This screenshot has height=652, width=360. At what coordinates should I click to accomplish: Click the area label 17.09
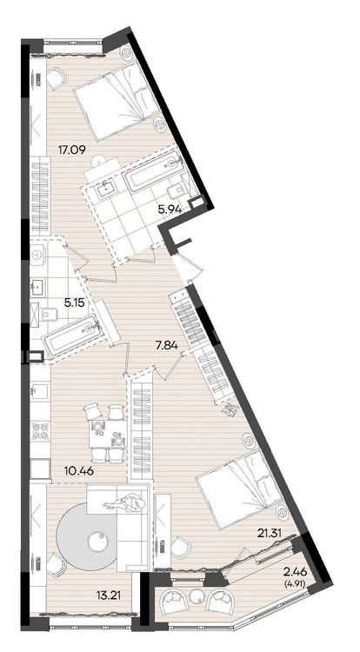[x=72, y=150]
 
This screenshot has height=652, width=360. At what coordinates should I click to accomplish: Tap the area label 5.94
[x=170, y=210]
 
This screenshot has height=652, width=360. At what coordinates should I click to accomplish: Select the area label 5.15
[x=75, y=303]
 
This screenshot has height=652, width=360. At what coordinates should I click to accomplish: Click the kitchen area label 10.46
[x=79, y=471]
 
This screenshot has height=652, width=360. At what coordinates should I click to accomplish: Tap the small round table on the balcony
[x=197, y=596]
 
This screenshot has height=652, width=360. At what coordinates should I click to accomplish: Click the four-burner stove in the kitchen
[x=41, y=430]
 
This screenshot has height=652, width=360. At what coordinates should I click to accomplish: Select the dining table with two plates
[x=108, y=434]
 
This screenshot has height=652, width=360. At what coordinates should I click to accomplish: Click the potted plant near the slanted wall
[x=228, y=410]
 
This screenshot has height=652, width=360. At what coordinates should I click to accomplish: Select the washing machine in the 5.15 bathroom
[x=39, y=254]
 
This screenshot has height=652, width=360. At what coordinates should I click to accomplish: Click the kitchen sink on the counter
[x=40, y=391]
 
